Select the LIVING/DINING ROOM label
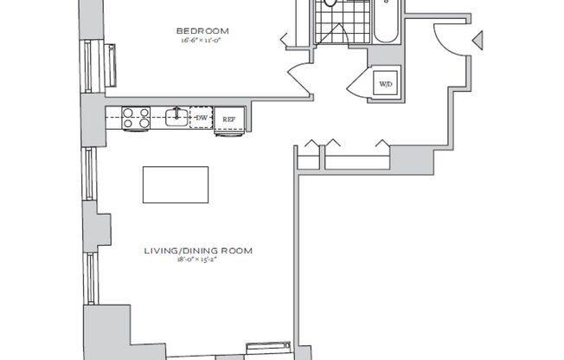click(198, 252)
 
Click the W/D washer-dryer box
click(384, 84)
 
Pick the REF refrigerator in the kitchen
click(229, 119)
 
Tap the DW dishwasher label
click(201, 118)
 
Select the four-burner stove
click(136, 117)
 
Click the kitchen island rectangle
click(176, 183)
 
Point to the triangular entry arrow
click(476, 38)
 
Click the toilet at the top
click(330, 3)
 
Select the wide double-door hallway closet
click(356, 157)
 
